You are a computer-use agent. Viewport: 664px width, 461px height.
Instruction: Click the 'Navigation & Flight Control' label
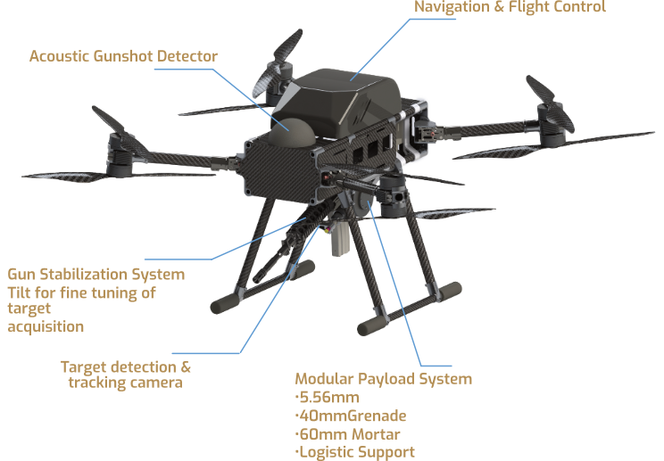510,7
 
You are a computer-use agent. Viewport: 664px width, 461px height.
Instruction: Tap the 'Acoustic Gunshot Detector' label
123,56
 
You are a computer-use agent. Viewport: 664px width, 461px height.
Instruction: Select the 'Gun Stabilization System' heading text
96,274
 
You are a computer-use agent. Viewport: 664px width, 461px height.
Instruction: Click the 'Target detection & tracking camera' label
126,375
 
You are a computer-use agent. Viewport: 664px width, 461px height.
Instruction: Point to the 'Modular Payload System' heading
383,379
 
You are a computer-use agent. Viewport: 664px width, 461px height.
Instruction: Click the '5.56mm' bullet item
327,398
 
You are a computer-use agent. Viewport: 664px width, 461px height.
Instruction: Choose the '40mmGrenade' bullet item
351,416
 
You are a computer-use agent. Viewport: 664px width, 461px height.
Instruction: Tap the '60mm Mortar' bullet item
347,434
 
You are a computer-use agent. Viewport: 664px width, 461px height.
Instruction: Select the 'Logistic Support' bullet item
355,452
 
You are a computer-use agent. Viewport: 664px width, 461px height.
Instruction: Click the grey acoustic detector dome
292,132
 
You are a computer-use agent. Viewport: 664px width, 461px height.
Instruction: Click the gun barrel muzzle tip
258,279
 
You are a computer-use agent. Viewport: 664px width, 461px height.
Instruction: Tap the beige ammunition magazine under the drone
340,239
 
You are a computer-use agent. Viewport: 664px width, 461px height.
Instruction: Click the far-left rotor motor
119,154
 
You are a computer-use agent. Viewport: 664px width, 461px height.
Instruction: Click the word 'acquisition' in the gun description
46,327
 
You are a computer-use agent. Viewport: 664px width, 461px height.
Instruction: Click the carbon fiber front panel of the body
280,169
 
